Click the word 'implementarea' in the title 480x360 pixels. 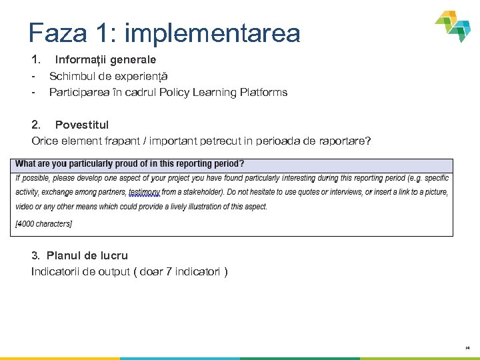click(212, 33)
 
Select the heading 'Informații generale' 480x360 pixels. click(105, 59)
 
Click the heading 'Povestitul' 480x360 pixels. click(81, 125)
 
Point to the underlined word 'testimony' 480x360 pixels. click(144, 192)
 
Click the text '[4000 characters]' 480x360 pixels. click(44, 224)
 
